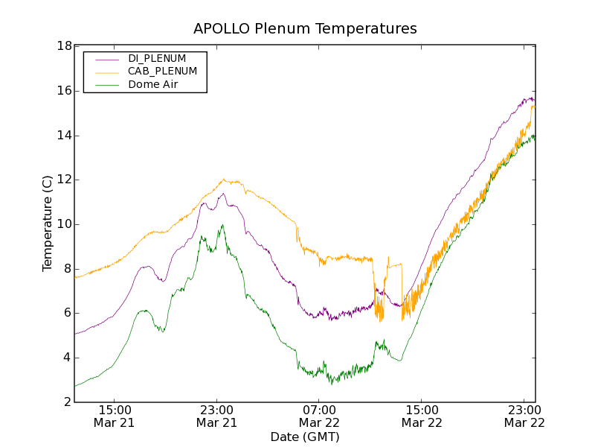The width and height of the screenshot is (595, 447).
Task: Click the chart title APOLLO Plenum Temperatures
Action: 305,29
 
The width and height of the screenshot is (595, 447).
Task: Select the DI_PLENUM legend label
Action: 157,58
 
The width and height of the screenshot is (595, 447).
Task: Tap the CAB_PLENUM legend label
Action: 162,72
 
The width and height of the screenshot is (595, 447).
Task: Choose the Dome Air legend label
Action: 153,85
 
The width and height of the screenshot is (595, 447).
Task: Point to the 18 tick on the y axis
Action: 64,46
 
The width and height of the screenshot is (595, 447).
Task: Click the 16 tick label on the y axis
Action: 64,91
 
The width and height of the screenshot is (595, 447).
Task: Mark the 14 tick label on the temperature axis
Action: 64,136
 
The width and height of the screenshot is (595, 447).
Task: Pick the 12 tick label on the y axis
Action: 64,180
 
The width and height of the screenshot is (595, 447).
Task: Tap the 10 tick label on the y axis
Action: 64,224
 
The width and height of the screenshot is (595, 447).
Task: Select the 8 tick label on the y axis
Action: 67,269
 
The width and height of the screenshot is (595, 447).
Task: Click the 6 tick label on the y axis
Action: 67,313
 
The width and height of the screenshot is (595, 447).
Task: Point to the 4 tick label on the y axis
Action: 67,358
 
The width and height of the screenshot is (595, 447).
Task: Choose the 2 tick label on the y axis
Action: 67,402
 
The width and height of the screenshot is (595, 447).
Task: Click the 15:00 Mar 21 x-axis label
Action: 115,416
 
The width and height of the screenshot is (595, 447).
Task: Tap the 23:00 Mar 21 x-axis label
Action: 216,416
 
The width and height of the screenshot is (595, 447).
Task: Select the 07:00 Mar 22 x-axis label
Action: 319,416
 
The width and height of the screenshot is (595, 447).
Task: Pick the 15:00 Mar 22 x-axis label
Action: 421,416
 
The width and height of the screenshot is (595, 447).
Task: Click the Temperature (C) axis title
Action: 48,223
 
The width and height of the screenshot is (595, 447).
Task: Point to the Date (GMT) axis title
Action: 305,437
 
